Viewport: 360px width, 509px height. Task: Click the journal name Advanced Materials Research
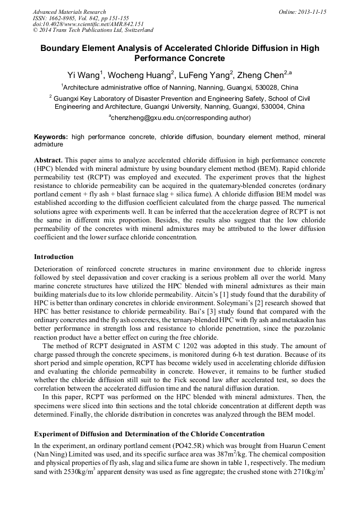tap(69, 12)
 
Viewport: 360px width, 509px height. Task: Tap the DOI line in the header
tap(88, 24)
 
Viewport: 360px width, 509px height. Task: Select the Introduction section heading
tap(54, 257)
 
